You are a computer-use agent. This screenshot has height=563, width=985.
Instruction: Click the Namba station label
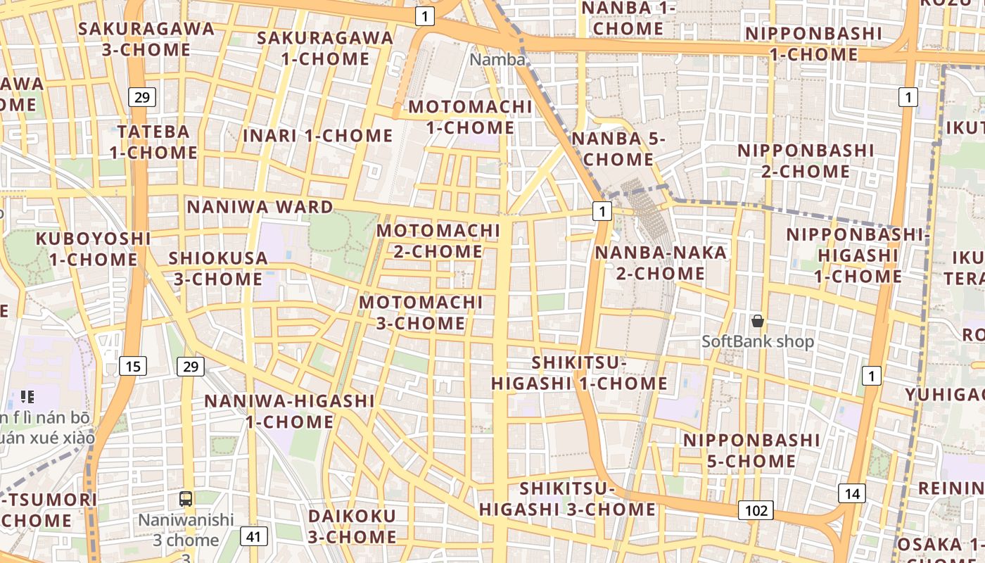(x=497, y=60)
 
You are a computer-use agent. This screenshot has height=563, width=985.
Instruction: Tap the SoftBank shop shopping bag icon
(x=758, y=321)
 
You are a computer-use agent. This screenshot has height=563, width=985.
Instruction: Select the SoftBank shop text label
(x=758, y=342)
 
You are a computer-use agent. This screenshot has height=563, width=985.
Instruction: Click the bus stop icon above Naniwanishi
(x=186, y=499)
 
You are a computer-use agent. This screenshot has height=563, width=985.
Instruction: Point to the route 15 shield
(x=133, y=366)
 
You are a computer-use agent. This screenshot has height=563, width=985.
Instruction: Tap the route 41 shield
(x=254, y=537)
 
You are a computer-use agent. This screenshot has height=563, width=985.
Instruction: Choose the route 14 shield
(x=852, y=493)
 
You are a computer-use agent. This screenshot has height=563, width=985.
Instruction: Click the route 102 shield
(x=756, y=510)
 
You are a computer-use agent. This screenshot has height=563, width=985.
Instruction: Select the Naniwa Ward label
(x=260, y=207)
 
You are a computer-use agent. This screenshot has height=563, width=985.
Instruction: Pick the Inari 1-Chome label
(x=318, y=135)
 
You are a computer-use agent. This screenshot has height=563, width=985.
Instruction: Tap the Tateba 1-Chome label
(x=153, y=141)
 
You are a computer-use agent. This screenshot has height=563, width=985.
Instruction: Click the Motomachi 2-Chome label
(x=438, y=241)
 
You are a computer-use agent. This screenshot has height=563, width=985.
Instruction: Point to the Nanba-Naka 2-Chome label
(x=661, y=262)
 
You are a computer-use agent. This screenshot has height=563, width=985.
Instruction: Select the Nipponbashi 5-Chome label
(x=752, y=450)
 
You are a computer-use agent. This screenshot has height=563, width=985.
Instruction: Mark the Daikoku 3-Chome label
(x=352, y=526)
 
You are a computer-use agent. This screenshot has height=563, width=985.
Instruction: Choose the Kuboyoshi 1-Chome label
(x=94, y=248)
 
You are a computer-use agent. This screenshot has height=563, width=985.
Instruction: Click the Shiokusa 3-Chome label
(x=218, y=268)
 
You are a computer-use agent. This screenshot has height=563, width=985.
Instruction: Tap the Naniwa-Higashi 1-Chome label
(x=289, y=411)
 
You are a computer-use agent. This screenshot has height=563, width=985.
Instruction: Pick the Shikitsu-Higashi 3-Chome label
(x=567, y=498)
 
